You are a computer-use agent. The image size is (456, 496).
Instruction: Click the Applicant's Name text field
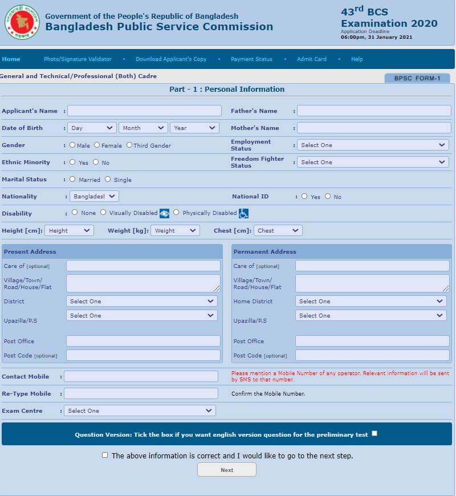[x=144, y=111]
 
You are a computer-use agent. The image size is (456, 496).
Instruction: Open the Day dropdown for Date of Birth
[x=92, y=128]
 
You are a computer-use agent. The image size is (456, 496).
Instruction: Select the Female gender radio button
[x=97, y=145]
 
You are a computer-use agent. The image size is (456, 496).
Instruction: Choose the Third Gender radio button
[x=129, y=145]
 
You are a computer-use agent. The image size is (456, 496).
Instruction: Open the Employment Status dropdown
[x=373, y=145]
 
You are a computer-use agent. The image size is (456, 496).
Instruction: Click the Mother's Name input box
[x=373, y=128]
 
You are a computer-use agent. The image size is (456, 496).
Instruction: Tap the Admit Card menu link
[x=312, y=59]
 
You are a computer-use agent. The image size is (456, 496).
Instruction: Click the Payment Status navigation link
[x=251, y=59]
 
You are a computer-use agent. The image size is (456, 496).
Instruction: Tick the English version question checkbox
[x=374, y=433]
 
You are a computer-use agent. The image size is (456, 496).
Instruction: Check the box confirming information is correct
[x=104, y=455]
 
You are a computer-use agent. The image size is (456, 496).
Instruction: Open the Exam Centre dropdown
[x=139, y=410]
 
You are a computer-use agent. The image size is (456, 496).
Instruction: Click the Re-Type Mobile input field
[x=141, y=393]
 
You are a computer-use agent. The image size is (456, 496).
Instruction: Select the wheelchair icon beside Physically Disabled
[x=243, y=213]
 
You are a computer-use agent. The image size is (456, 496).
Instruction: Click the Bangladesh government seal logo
[x=22, y=22]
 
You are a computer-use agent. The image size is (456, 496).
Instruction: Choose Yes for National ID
[x=304, y=196]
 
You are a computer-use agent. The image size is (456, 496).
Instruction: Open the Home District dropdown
[x=372, y=301]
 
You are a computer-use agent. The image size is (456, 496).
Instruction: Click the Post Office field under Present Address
[x=143, y=341]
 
